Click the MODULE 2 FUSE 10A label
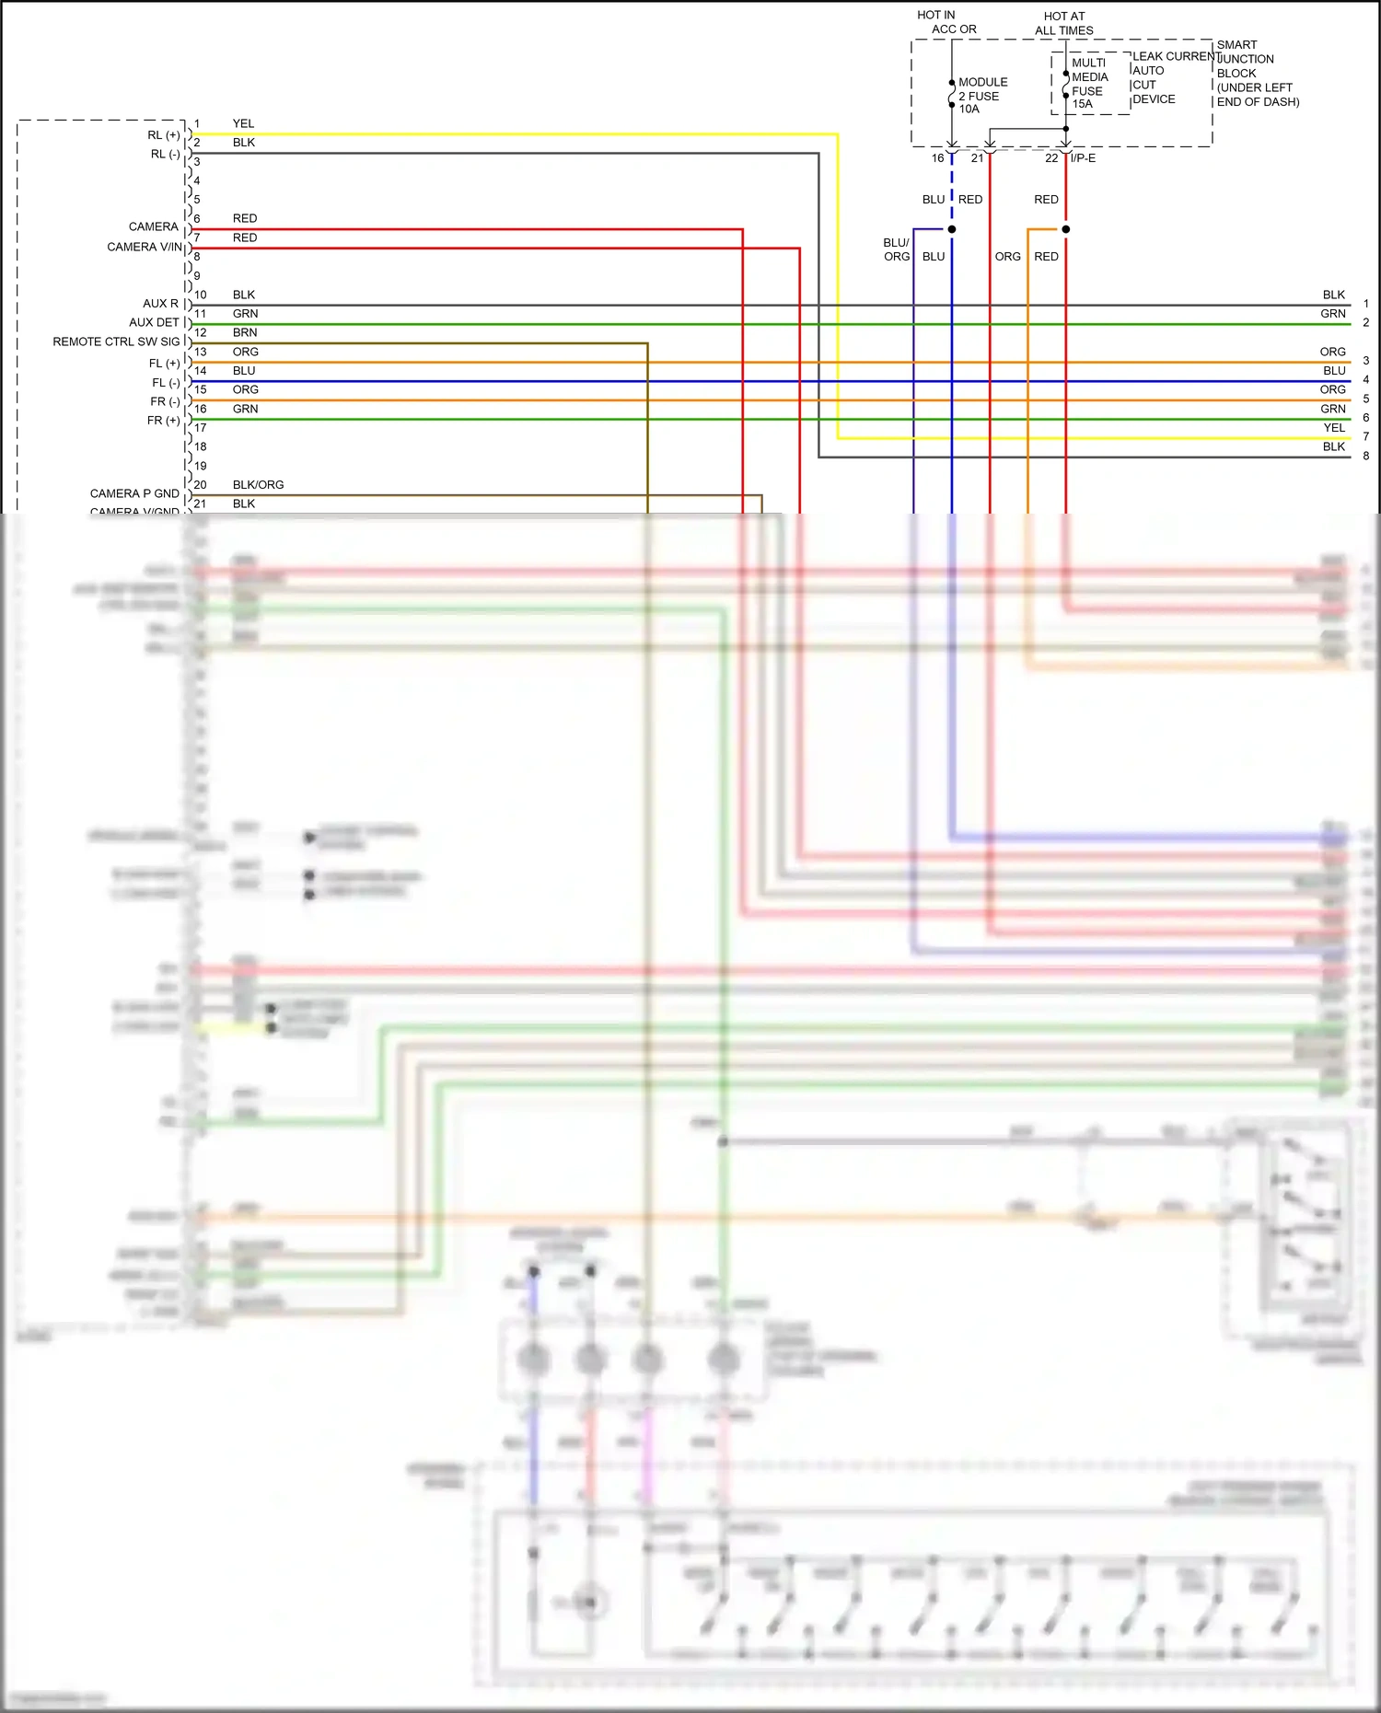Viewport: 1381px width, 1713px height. click(981, 96)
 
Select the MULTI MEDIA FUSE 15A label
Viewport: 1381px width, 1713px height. click(1088, 84)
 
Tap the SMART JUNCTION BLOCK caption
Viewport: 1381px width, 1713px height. click(1257, 73)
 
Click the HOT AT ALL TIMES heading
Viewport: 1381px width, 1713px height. click(1063, 23)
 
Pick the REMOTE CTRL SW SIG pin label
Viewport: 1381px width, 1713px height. click(116, 341)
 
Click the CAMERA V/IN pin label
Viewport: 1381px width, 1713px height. click(145, 247)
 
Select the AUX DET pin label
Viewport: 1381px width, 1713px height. click(154, 322)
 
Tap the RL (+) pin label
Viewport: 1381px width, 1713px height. click(163, 135)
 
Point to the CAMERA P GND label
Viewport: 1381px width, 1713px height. click(134, 493)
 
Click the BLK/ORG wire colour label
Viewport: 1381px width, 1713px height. click(258, 485)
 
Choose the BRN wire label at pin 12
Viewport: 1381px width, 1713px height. click(245, 332)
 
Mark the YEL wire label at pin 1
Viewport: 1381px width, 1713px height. click(243, 123)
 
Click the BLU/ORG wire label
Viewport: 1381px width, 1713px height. click(897, 249)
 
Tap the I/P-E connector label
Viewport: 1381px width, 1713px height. click(1084, 158)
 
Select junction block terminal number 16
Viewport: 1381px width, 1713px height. click(937, 158)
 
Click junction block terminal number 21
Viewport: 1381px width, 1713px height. click(977, 158)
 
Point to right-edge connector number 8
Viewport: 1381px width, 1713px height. click(1366, 456)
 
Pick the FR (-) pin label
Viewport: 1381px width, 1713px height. click(165, 401)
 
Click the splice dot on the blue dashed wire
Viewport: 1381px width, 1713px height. click(952, 229)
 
